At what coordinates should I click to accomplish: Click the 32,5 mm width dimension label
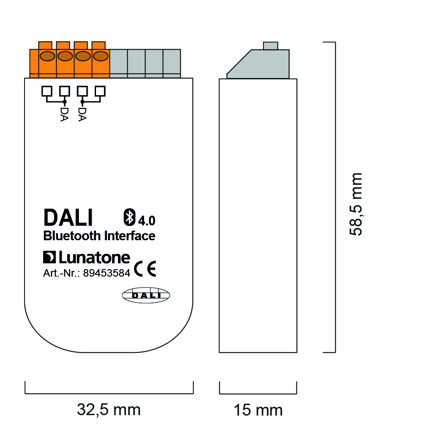109,410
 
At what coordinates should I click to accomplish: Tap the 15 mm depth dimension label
258,410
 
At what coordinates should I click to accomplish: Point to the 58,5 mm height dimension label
356,204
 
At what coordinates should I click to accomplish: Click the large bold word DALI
68,217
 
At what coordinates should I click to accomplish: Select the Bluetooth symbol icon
130,217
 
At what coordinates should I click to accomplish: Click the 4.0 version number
146,220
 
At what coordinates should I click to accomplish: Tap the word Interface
130,236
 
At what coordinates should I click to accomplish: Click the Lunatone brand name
95,257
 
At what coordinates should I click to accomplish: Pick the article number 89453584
107,273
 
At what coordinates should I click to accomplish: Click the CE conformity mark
145,269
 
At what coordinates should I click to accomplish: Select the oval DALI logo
146,295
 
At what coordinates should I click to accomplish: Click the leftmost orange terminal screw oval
47,56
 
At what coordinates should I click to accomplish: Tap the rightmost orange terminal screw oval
100,56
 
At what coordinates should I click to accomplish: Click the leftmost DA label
64,114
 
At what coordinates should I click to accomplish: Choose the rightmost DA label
82,114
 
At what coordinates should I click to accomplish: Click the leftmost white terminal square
47,91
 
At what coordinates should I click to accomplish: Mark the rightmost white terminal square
100,91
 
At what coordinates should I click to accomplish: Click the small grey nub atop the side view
270,46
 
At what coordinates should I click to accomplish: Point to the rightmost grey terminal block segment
172,63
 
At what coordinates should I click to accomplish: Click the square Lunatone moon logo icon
49,257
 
